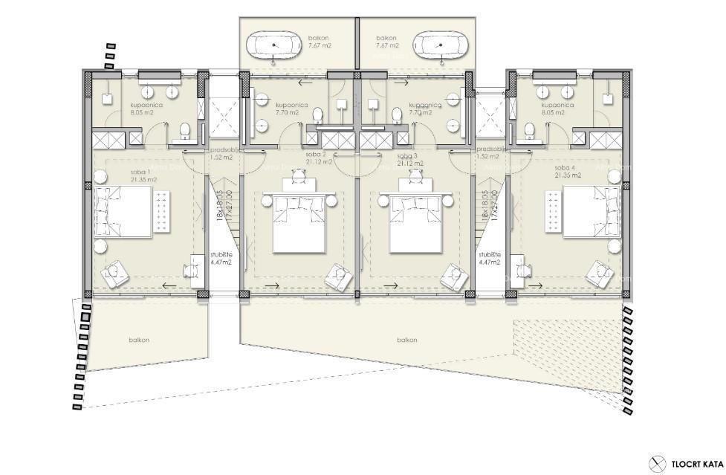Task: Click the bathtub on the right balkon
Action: coord(441,45)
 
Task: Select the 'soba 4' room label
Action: coord(566,172)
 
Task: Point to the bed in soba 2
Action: coord(299,220)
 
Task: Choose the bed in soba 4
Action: coord(592,212)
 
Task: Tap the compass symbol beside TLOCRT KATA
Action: coord(656,462)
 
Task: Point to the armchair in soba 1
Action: coord(115,274)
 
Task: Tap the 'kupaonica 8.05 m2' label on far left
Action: coord(146,109)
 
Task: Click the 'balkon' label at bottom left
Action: coord(139,340)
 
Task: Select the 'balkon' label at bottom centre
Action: coord(406,340)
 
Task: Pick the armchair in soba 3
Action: coord(453,277)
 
